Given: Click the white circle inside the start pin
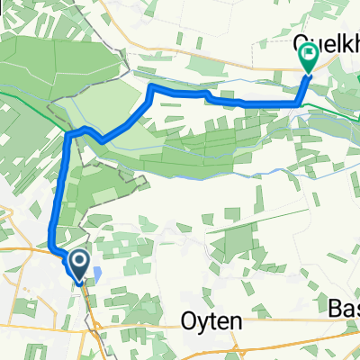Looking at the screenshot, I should point(79,263).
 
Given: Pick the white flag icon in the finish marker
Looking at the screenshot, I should point(308,56).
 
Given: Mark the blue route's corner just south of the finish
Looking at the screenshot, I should point(298,105).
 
